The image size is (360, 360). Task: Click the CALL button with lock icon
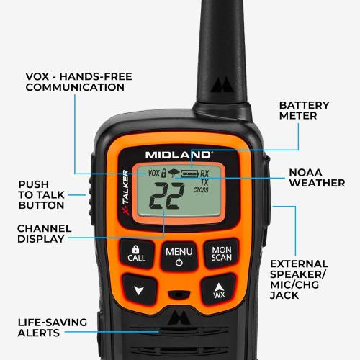pos(136,252)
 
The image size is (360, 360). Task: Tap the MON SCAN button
pos(221,253)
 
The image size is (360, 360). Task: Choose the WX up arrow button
pos(219,290)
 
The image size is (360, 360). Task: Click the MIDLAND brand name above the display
pos(178,154)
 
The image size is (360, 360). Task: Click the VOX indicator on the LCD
pos(153,174)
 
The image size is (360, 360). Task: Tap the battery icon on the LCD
pos(190,174)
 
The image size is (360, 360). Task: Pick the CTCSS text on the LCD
pos(202,190)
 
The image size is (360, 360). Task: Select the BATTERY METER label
pos(304,111)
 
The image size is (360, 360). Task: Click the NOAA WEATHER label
pos(316,178)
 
